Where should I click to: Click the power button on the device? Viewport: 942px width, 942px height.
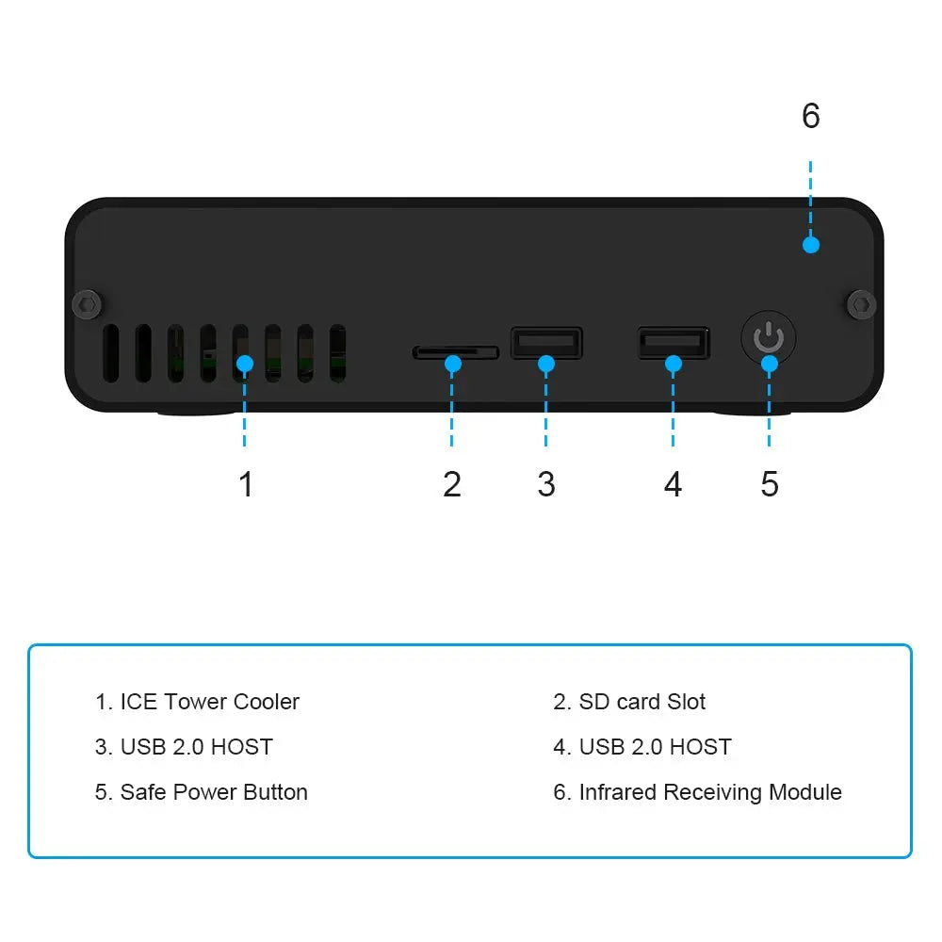pos(769,338)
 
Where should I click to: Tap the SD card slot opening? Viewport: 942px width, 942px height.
pos(455,352)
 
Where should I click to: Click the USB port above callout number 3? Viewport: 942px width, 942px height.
pos(546,342)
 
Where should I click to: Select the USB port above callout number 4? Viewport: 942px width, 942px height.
pos(674,342)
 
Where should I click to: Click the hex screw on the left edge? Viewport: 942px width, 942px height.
pos(88,303)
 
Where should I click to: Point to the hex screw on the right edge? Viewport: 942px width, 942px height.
pos(860,304)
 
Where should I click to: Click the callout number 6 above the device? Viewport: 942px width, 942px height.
pos(810,116)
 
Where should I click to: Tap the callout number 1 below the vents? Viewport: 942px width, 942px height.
pos(246,484)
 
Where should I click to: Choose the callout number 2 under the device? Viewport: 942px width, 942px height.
pos(452,484)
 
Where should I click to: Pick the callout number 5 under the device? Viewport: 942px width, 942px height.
pos(770,484)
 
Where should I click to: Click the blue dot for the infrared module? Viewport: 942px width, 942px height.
pos(810,245)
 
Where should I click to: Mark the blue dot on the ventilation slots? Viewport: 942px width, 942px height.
pos(244,363)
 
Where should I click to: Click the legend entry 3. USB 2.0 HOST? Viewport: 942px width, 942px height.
pos(185,747)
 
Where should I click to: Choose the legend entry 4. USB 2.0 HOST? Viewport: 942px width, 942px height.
pos(642,747)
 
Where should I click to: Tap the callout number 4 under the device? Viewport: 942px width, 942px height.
pos(673,484)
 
